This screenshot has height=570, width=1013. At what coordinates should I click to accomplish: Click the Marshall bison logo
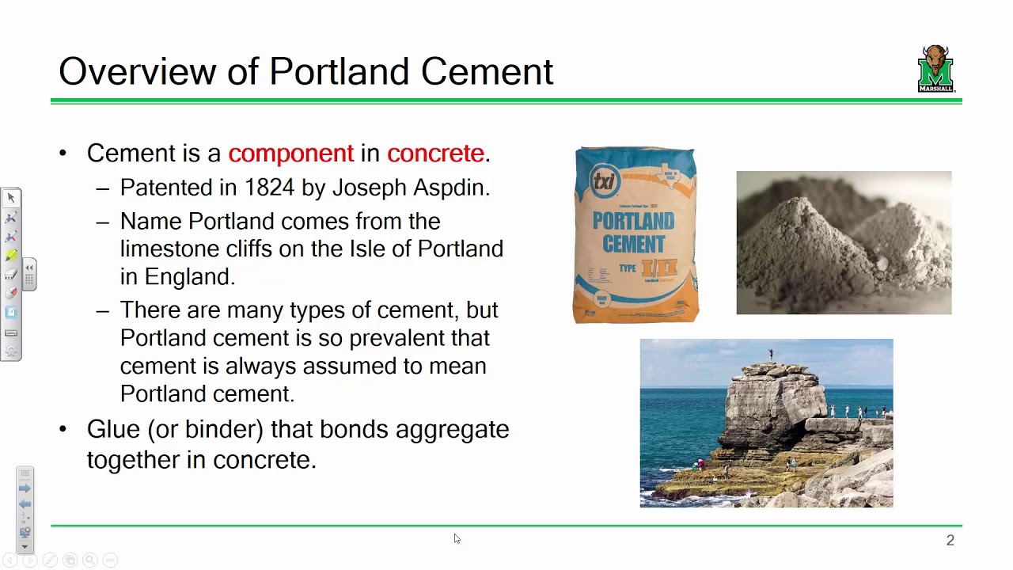pyautogui.click(x=936, y=69)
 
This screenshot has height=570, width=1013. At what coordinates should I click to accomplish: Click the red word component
pyautogui.click(x=290, y=154)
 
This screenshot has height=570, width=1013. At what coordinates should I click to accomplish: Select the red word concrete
pyautogui.click(x=434, y=154)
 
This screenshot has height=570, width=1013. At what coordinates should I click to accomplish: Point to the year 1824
pyautogui.click(x=269, y=188)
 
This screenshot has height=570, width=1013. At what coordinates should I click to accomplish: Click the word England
pyautogui.click(x=188, y=277)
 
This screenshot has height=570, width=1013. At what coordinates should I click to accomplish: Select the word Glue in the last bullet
pyautogui.click(x=112, y=429)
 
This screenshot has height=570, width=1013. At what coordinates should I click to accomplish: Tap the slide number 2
pyautogui.click(x=950, y=540)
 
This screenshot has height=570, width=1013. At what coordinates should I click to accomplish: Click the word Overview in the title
pyautogui.click(x=137, y=71)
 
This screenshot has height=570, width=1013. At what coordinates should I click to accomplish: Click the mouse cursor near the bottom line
pyautogui.click(x=457, y=539)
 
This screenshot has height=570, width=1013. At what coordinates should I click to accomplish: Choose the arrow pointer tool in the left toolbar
pyautogui.click(x=11, y=198)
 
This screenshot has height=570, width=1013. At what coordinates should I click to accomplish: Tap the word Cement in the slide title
pyautogui.click(x=487, y=71)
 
